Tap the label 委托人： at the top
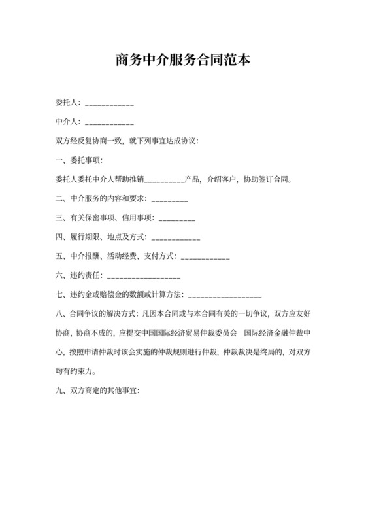point(69,103)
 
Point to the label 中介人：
point(69,122)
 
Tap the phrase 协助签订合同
point(267,179)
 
